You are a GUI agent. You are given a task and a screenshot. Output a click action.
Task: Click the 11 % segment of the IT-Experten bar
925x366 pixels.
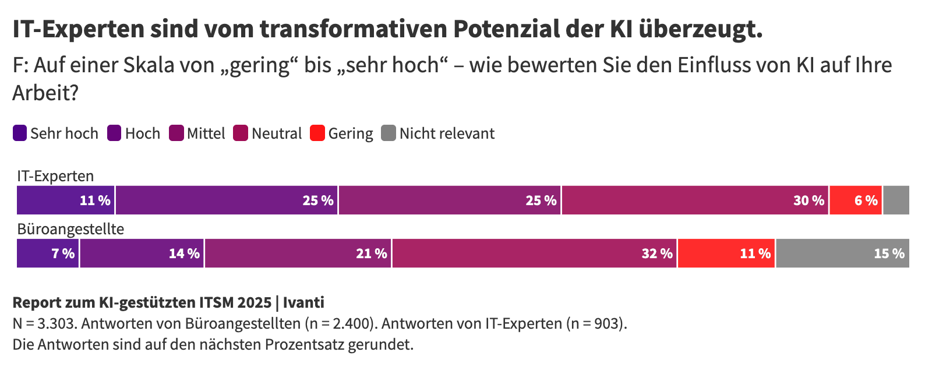[x=66, y=200]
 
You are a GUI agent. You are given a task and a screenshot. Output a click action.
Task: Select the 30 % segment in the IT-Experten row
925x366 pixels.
[x=695, y=200]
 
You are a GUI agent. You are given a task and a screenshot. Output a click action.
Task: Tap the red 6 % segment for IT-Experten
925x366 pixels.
[x=856, y=200]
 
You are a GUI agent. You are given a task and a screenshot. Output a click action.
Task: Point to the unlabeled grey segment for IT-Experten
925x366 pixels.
[x=896, y=200]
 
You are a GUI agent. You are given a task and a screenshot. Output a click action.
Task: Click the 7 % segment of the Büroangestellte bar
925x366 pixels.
[x=48, y=254]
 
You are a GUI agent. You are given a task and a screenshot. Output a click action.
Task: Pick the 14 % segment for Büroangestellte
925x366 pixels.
[x=142, y=254]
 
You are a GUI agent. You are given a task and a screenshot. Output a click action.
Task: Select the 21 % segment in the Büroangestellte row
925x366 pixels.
[x=298, y=254]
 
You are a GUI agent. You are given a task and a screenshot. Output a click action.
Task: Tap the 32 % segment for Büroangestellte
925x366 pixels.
[x=535, y=254]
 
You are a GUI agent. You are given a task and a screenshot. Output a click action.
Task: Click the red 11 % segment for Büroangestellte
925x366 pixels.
[x=726, y=254]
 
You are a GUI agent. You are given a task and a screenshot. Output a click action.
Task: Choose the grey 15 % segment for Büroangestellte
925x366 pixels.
[x=842, y=254]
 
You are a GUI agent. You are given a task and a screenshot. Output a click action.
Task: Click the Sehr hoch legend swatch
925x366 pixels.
[x=20, y=133]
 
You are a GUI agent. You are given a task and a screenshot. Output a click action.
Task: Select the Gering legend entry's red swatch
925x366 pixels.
[x=317, y=133]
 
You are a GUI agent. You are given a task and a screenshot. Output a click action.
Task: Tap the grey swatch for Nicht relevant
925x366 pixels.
[x=389, y=133]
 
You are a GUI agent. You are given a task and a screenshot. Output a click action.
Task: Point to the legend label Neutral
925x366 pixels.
[x=277, y=133]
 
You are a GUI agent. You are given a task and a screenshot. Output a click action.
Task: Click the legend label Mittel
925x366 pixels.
[x=206, y=133]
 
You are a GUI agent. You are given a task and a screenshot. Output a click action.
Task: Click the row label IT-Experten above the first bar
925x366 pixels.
[x=55, y=176]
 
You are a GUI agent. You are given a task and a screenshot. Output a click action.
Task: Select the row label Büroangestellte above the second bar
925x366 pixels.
[x=70, y=229]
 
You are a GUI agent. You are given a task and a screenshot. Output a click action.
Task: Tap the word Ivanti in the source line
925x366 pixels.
[x=303, y=302]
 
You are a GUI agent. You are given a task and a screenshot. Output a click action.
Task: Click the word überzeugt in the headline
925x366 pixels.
[x=701, y=29]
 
